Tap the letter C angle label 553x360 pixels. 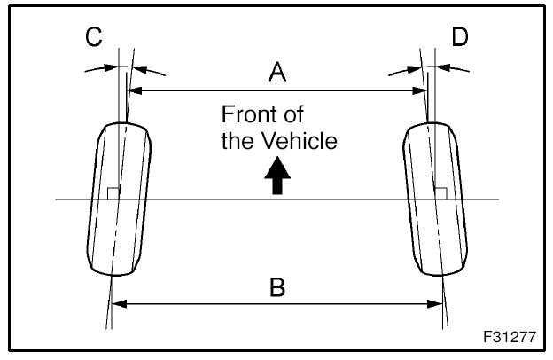pyautogui.click(x=93, y=36)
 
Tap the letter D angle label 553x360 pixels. pyautogui.click(x=459, y=36)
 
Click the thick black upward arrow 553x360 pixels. pyautogui.click(x=277, y=176)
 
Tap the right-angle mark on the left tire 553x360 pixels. pyautogui.click(x=111, y=193)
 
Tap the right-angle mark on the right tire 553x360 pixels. pyautogui.click(x=440, y=193)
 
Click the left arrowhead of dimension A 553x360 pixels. pyautogui.click(x=135, y=90)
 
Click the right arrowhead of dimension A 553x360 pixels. pyautogui.click(x=418, y=90)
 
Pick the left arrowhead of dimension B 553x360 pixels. pyautogui.click(x=114, y=303)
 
